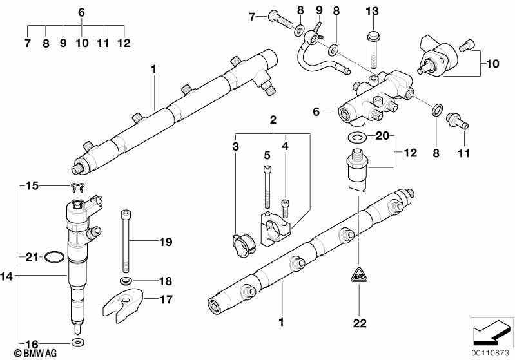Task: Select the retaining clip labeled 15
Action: point(79,188)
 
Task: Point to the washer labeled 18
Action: point(125,281)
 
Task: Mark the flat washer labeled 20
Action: point(355,137)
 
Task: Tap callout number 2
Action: point(273,120)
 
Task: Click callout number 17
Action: point(166,299)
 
